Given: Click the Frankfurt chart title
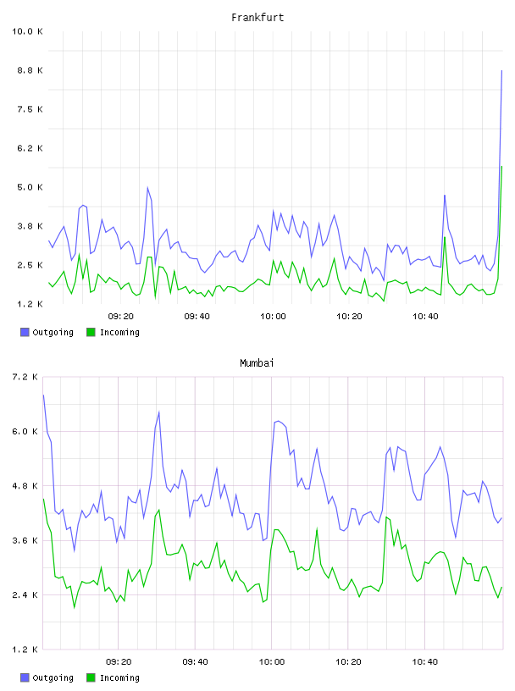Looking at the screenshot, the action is click(x=257, y=18).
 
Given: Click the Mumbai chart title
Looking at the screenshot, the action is click(x=257, y=363).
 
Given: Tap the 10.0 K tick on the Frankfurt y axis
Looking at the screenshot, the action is click(x=27, y=31).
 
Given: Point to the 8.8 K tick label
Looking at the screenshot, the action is click(x=30, y=70).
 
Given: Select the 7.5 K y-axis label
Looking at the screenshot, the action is click(x=30, y=109).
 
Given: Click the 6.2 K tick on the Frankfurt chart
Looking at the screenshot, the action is click(x=30, y=148).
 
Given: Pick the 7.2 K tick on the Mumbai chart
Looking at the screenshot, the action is click(x=25, y=377).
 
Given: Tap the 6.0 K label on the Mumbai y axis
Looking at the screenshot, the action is click(x=25, y=431).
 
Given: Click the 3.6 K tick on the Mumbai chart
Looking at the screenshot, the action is click(x=25, y=540).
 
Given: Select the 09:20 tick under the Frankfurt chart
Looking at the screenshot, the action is click(x=121, y=317).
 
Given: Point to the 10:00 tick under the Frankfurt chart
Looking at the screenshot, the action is click(x=273, y=317).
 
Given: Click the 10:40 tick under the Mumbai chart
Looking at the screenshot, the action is click(x=425, y=662).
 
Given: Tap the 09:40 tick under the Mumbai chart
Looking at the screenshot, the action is click(x=196, y=662).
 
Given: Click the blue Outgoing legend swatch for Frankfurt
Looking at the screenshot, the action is click(x=25, y=332).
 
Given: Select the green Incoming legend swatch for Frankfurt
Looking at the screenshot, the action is click(x=91, y=332).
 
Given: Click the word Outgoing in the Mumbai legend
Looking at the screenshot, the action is click(x=53, y=677).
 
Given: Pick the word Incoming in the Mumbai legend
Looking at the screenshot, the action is click(x=119, y=677).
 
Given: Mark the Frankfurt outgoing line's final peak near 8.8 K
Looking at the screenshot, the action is click(x=501, y=70).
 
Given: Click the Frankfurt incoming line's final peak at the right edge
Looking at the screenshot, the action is click(x=501, y=167).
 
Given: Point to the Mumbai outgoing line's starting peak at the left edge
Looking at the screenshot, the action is click(x=44, y=395).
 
